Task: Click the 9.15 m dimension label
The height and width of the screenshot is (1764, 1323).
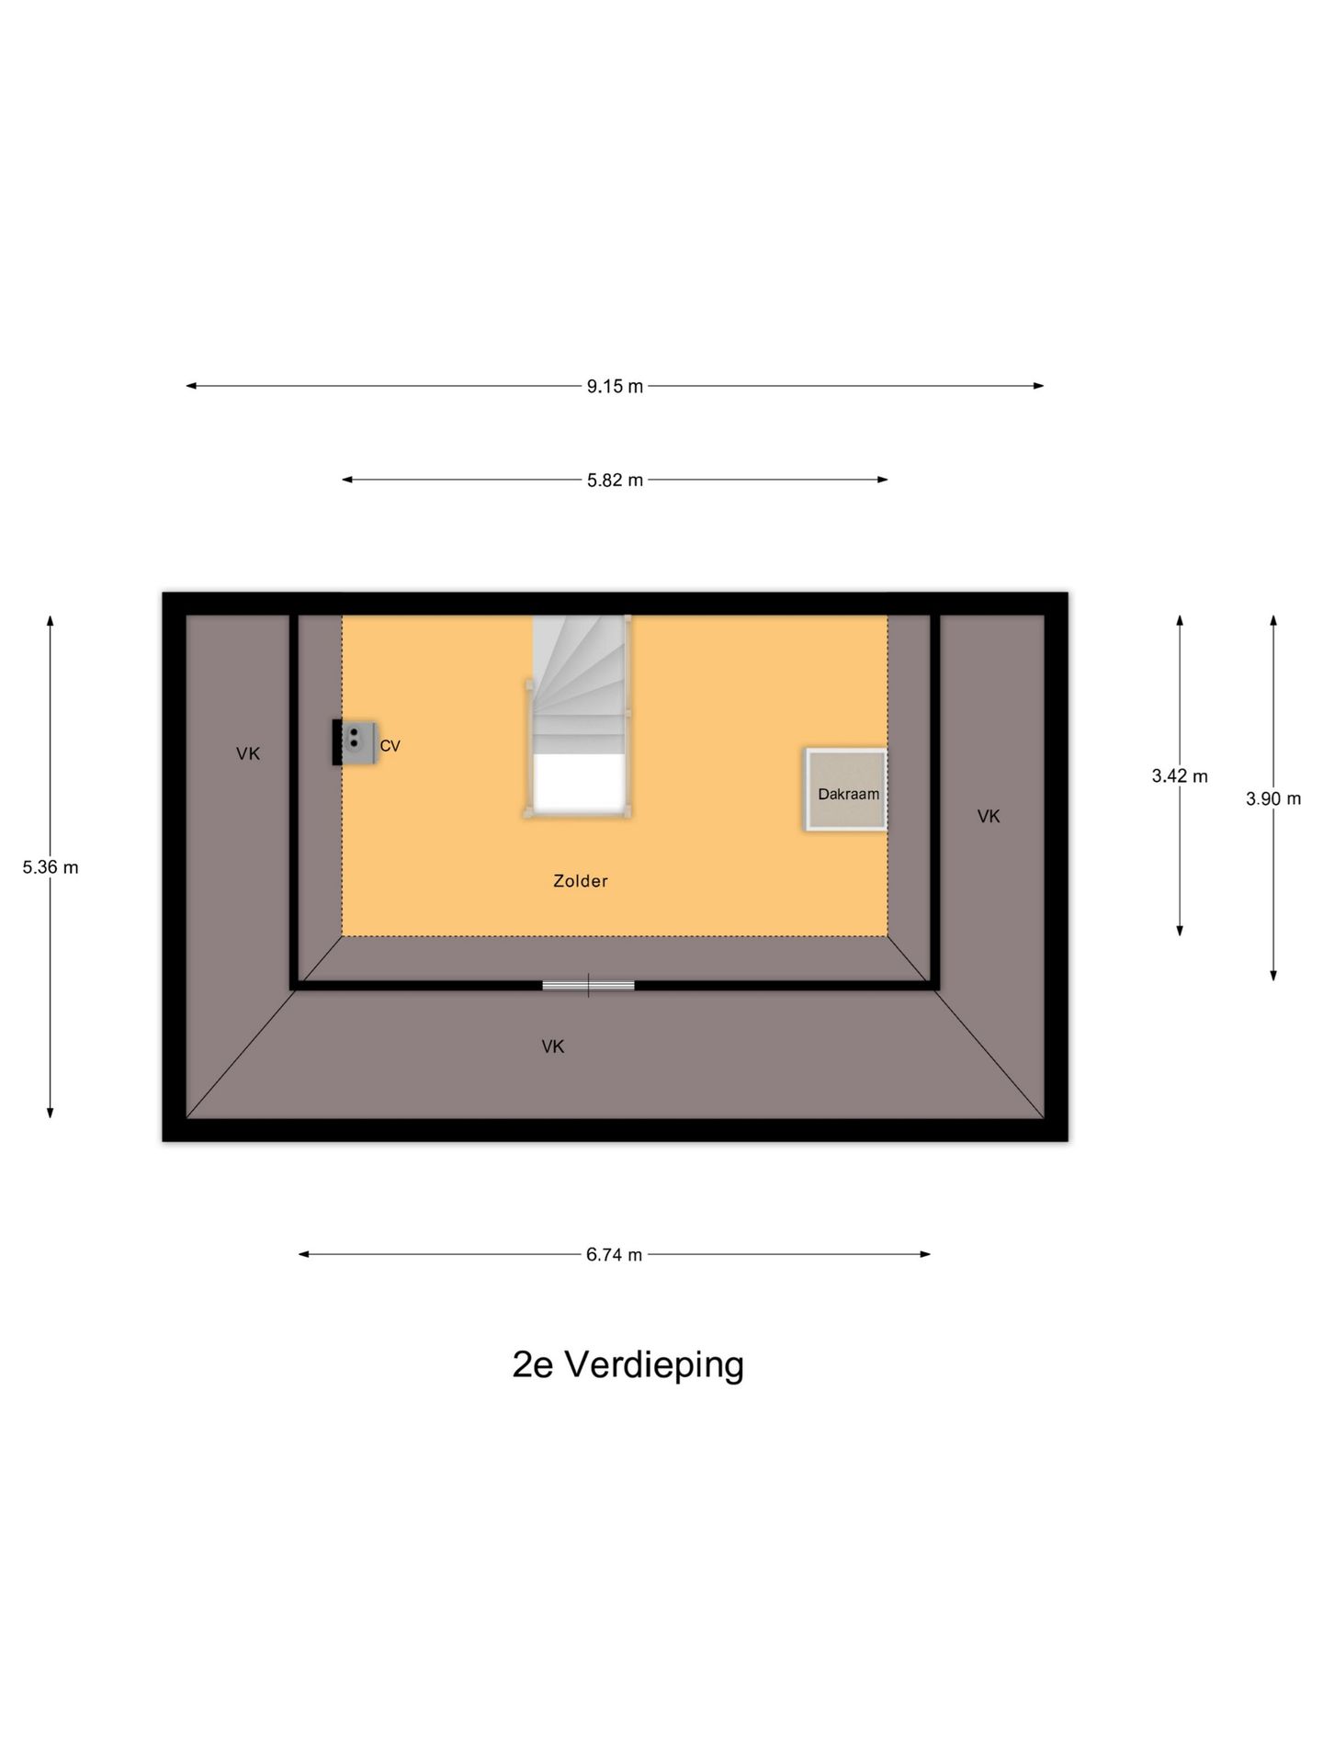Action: [x=615, y=386]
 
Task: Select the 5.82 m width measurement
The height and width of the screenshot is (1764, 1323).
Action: [x=615, y=480]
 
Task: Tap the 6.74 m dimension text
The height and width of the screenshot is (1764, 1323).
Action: [x=615, y=1254]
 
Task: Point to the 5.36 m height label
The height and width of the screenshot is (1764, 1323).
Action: [x=51, y=866]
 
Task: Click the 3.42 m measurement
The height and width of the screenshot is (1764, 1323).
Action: [x=1180, y=776]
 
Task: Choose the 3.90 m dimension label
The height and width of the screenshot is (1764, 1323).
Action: [x=1273, y=798]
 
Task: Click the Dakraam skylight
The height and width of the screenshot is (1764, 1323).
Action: [x=845, y=790]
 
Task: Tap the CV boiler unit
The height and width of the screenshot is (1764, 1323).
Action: [x=355, y=742]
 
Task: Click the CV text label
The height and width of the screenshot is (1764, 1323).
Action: [x=390, y=746]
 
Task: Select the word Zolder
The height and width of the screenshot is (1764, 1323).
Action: [x=581, y=881]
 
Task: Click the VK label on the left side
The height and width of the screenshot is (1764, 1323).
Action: [x=248, y=753]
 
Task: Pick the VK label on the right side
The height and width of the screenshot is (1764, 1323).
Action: [x=989, y=816]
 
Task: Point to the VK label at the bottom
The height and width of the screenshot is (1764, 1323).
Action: [x=553, y=1046]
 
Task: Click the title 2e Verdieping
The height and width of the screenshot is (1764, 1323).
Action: [x=628, y=1364]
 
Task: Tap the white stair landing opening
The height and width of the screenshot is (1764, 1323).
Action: [x=580, y=784]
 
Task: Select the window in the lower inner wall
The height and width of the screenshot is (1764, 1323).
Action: [x=588, y=986]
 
